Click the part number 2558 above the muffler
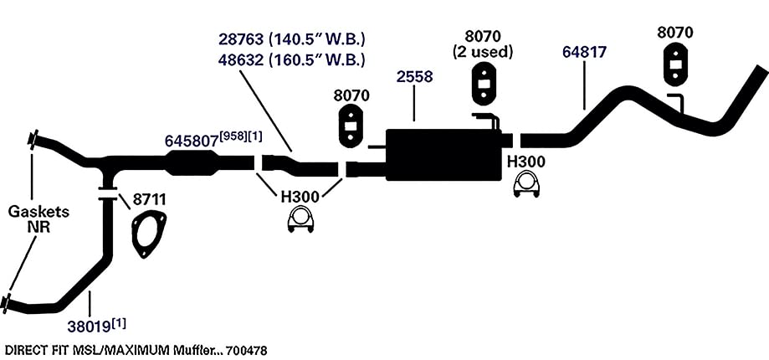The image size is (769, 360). [415, 77]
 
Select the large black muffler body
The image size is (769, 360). [443, 155]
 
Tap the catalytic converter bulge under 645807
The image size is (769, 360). [192, 162]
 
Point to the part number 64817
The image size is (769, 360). [585, 53]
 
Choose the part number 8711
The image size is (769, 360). [150, 199]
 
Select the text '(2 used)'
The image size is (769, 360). [483, 51]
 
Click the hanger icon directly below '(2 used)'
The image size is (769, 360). [484, 84]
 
